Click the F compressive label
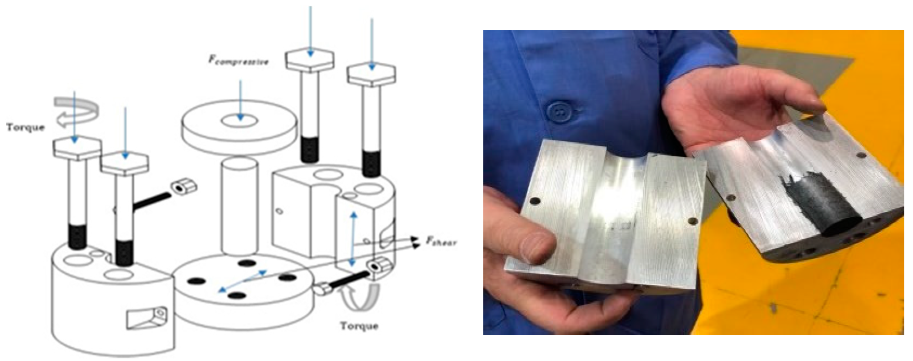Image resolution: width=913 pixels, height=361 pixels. pos(238,60)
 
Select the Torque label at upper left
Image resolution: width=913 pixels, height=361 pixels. pos(25,127)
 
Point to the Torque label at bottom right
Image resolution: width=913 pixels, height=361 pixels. pos(359,326)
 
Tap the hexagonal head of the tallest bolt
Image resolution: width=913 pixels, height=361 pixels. pos(310,59)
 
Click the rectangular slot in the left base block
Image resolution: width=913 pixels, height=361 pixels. pos(145,317)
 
